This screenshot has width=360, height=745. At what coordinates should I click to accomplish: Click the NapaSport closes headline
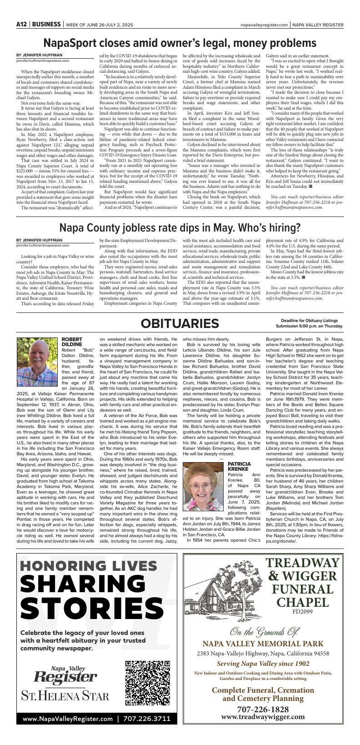180,43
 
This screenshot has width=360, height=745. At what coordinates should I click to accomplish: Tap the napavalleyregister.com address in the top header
264,25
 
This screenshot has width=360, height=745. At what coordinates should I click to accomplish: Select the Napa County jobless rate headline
180,227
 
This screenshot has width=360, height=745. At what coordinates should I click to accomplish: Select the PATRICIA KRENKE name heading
239,466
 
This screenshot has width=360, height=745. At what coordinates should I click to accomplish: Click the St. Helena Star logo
65,696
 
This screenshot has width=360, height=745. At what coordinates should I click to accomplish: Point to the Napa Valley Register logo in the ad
65,675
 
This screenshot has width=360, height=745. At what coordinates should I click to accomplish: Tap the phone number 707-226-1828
263,710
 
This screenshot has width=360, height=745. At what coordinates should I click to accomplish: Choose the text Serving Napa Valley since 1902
263,664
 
